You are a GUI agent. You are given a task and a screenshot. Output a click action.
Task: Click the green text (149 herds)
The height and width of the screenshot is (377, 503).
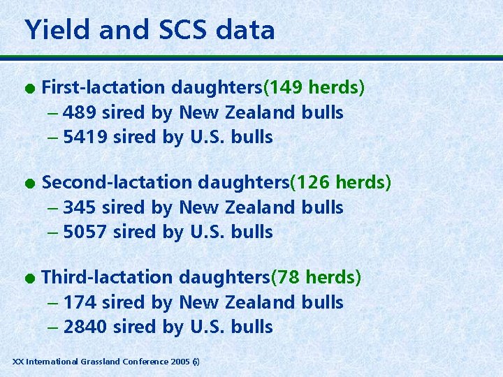click(314, 88)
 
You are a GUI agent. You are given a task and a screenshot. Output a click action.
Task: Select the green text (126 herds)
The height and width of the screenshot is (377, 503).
click(340, 182)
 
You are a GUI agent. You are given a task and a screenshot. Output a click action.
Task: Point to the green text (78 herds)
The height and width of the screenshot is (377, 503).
click(316, 277)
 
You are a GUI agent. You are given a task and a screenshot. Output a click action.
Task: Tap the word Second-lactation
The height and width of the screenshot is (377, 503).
click(117, 182)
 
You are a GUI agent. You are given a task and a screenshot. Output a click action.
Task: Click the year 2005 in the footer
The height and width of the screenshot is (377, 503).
click(180, 362)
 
